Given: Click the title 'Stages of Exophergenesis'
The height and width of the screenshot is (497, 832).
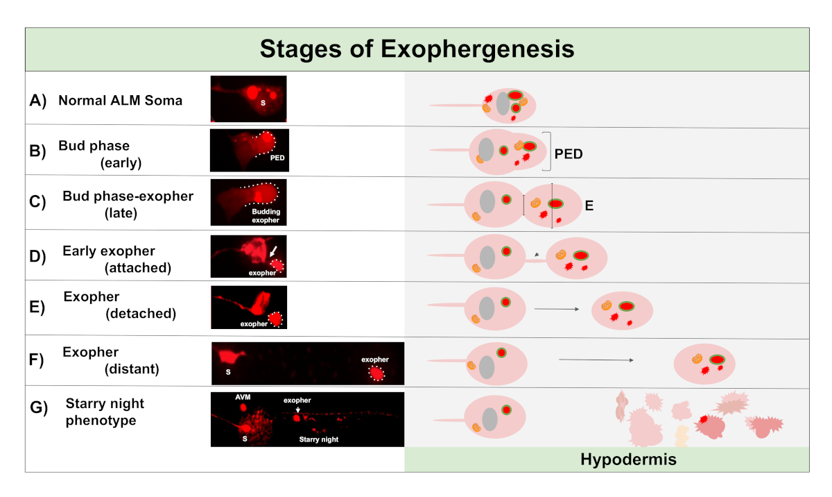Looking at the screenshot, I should (417, 50).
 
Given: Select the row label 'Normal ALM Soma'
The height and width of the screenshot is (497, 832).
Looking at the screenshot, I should (120, 101).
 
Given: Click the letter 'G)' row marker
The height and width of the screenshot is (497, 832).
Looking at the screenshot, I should (38, 408).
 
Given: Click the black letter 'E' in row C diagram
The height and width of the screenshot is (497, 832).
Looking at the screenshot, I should (589, 206).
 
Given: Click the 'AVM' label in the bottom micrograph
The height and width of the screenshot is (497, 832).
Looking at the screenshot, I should (243, 396).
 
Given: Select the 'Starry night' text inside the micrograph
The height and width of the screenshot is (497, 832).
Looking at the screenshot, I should (319, 439).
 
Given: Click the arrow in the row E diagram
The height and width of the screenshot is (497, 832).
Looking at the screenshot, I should (556, 308).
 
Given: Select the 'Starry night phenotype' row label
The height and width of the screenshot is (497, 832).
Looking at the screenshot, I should (105, 412).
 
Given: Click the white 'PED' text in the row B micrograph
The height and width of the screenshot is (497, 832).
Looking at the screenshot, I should (277, 158).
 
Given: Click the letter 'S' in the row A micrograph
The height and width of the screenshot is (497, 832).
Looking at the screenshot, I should (263, 103).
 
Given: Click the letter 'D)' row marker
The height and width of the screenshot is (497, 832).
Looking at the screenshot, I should (38, 257).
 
